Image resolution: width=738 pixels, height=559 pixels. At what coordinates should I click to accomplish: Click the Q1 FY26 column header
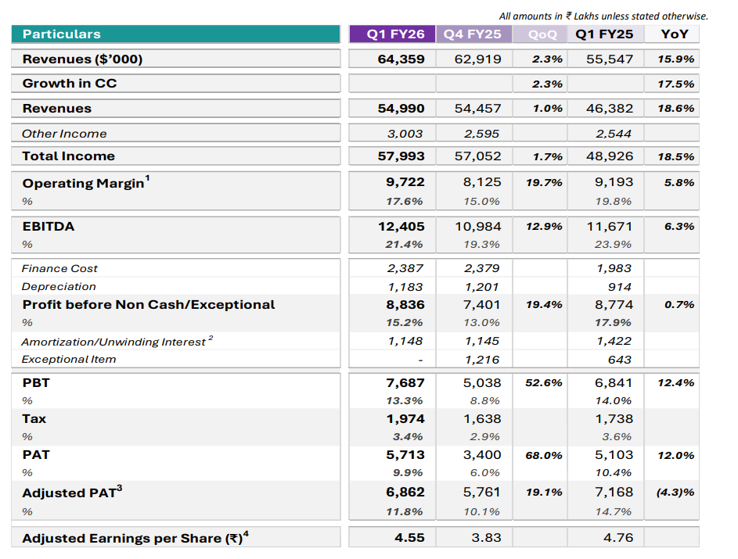pyautogui.click(x=395, y=34)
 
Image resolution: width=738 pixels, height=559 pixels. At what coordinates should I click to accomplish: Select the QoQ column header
pyautogui.click(x=542, y=34)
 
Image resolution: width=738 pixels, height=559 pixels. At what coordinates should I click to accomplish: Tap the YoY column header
pyautogui.click(x=675, y=34)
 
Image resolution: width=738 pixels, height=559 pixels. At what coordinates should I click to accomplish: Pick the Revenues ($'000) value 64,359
pyautogui.click(x=401, y=59)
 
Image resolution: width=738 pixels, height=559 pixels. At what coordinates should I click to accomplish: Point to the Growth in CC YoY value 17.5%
pyautogui.click(x=676, y=84)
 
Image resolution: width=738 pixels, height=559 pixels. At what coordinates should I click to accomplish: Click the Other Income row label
pyautogui.click(x=64, y=134)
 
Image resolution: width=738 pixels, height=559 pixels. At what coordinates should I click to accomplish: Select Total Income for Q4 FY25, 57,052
pyautogui.click(x=477, y=156)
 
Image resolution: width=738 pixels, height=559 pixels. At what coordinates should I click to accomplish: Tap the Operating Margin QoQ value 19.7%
pyautogui.click(x=544, y=182)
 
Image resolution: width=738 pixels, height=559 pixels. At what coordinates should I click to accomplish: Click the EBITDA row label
pyautogui.click(x=49, y=227)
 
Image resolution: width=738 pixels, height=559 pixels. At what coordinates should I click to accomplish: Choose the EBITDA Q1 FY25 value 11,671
pyautogui.click(x=610, y=227)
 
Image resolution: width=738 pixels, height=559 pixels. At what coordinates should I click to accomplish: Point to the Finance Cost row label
pyautogui.click(x=59, y=268)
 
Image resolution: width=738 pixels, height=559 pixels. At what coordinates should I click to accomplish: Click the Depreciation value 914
pyautogui.click(x=619, y=287)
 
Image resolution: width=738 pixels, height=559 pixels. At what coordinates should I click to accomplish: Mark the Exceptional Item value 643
pyautogui.click(x=619, y=360)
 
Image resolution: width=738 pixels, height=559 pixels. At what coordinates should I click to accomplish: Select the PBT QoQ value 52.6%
pyautogui.click(x=544, y=383)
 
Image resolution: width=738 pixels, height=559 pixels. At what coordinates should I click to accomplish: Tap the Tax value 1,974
pyautogui.click(x=405, y=419)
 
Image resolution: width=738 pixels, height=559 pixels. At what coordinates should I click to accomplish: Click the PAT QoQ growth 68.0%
pyautogui.click(x=544, y=456)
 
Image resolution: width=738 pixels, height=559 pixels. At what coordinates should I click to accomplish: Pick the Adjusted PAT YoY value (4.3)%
pyautogui.click(x=675, y=493)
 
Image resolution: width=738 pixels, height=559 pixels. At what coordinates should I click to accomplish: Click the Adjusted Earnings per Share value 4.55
pyautogui.click(x=409, y=538)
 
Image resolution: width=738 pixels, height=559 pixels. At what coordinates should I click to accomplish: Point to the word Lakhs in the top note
pyautogui.click(x=586, y=16)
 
